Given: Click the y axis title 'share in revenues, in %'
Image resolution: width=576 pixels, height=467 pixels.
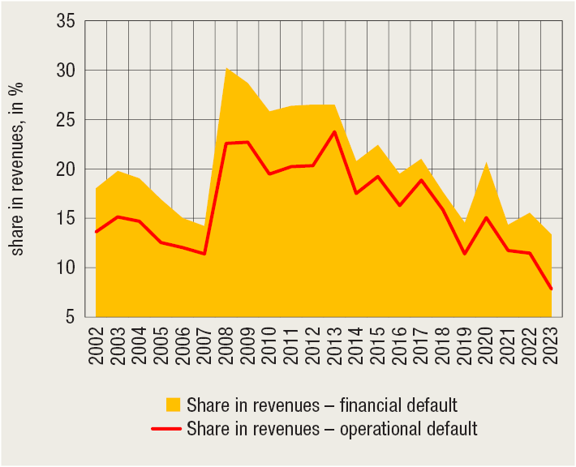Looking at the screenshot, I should pos(18,169).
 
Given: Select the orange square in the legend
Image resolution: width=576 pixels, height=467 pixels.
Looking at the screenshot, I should pos(172,405).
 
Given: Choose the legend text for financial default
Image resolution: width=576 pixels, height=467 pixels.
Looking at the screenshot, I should pos(322,405).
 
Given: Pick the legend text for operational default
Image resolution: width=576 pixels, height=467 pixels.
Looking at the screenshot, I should pos(332,429).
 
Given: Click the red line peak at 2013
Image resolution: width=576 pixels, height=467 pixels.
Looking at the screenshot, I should pos(334,132).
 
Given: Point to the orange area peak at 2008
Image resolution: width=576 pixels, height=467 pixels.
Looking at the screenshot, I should pos(226,69).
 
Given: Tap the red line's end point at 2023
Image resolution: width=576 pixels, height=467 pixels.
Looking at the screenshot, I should pos(552,289).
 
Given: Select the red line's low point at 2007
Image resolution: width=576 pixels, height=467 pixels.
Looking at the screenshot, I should pos(204,254).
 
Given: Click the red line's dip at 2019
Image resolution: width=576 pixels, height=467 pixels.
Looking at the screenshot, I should pos(465,254).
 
